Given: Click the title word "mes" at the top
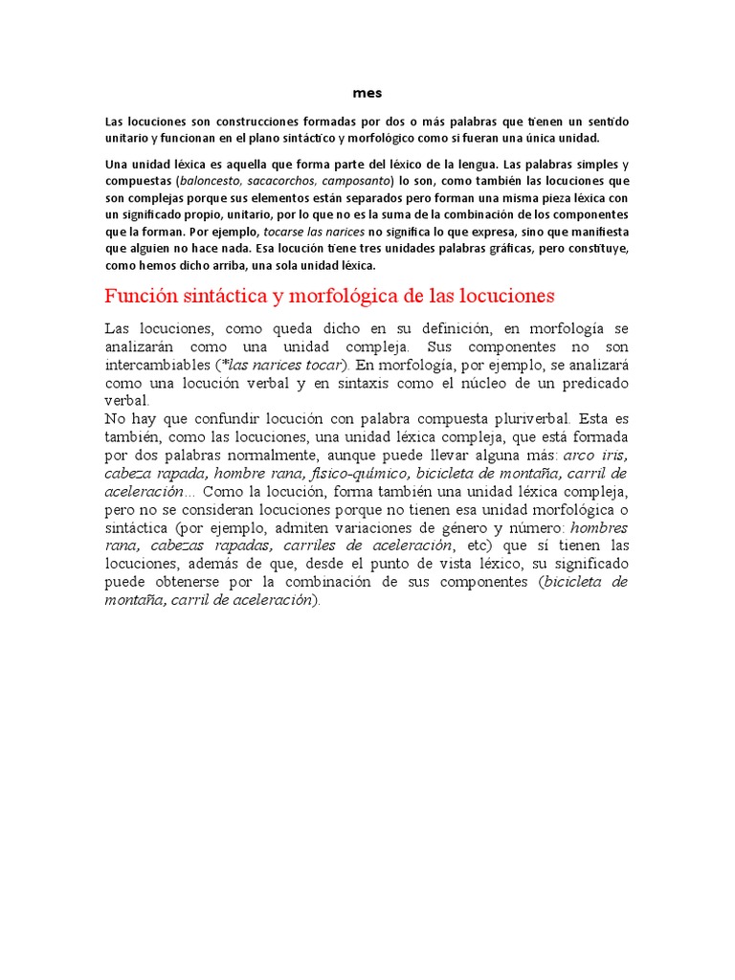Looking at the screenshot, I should pyautogui.click(x=367, y=93).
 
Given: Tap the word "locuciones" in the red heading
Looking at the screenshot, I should pyautogui.click(x=500, y=295).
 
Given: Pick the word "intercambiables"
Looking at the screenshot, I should pyautogui.click(x=158, y=365).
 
